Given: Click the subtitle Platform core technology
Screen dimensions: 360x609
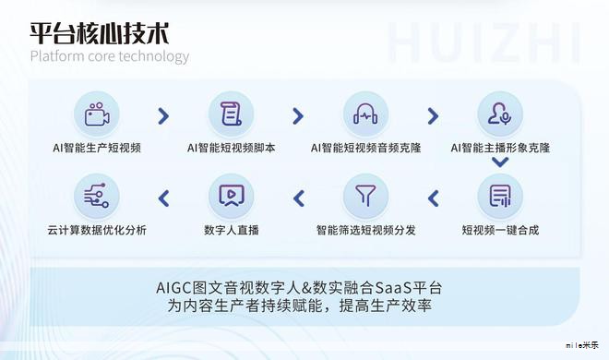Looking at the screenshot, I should point(109,56).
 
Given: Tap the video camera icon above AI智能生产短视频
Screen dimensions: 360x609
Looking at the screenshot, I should point(97,114).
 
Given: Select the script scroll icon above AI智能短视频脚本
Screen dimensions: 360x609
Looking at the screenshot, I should point(231,114).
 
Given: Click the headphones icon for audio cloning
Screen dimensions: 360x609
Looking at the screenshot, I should point(366,114).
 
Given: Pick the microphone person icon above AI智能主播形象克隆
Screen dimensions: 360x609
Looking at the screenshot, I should point(500,114).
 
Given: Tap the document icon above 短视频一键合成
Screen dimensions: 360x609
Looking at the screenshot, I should point(500,196).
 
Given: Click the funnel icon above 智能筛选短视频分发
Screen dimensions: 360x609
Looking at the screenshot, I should point(366,196).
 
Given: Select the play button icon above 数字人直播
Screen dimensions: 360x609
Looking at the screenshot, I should point(231,196).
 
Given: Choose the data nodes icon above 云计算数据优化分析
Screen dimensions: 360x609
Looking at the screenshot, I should point(97,196).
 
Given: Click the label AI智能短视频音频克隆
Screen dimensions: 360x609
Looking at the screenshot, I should point(366,147).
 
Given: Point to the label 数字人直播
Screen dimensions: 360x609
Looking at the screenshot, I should point(231,229).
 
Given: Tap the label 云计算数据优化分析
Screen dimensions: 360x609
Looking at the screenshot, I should point(97,229).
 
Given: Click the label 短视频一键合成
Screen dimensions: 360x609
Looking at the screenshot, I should point(500,229).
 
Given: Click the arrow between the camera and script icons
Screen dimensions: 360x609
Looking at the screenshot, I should point(164,115).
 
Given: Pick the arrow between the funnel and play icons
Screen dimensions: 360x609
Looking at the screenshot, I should point(298,197).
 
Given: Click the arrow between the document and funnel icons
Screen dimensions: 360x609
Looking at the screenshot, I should point(433,197).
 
